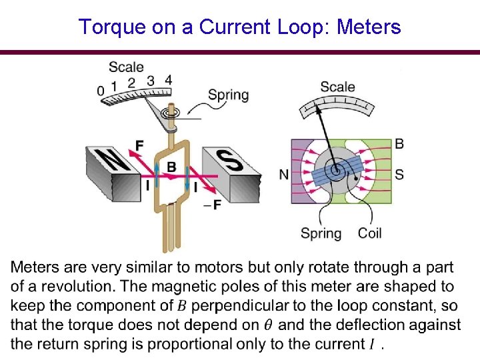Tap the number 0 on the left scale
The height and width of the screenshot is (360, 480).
tap(100, 91)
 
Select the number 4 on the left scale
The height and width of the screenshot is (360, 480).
tap(168, 80)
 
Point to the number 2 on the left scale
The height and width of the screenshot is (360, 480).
tap(131, 83)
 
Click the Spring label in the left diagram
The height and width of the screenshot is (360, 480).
tap(228, 95)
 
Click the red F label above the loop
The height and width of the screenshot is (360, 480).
tap(139, 145)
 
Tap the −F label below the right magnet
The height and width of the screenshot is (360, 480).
tap(212, 205)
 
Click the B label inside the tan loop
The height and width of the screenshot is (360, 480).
tap(171, 167)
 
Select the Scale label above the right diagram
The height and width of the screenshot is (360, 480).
tap(337, 87)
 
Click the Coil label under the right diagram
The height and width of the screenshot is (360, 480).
tap(370, 233)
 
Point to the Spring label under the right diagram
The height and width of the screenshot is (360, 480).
tap(321, 233)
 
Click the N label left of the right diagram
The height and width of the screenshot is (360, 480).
tap(284, 175)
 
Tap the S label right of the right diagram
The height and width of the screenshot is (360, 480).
tap(399, 175)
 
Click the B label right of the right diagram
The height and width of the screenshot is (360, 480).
tap(399, 144)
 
